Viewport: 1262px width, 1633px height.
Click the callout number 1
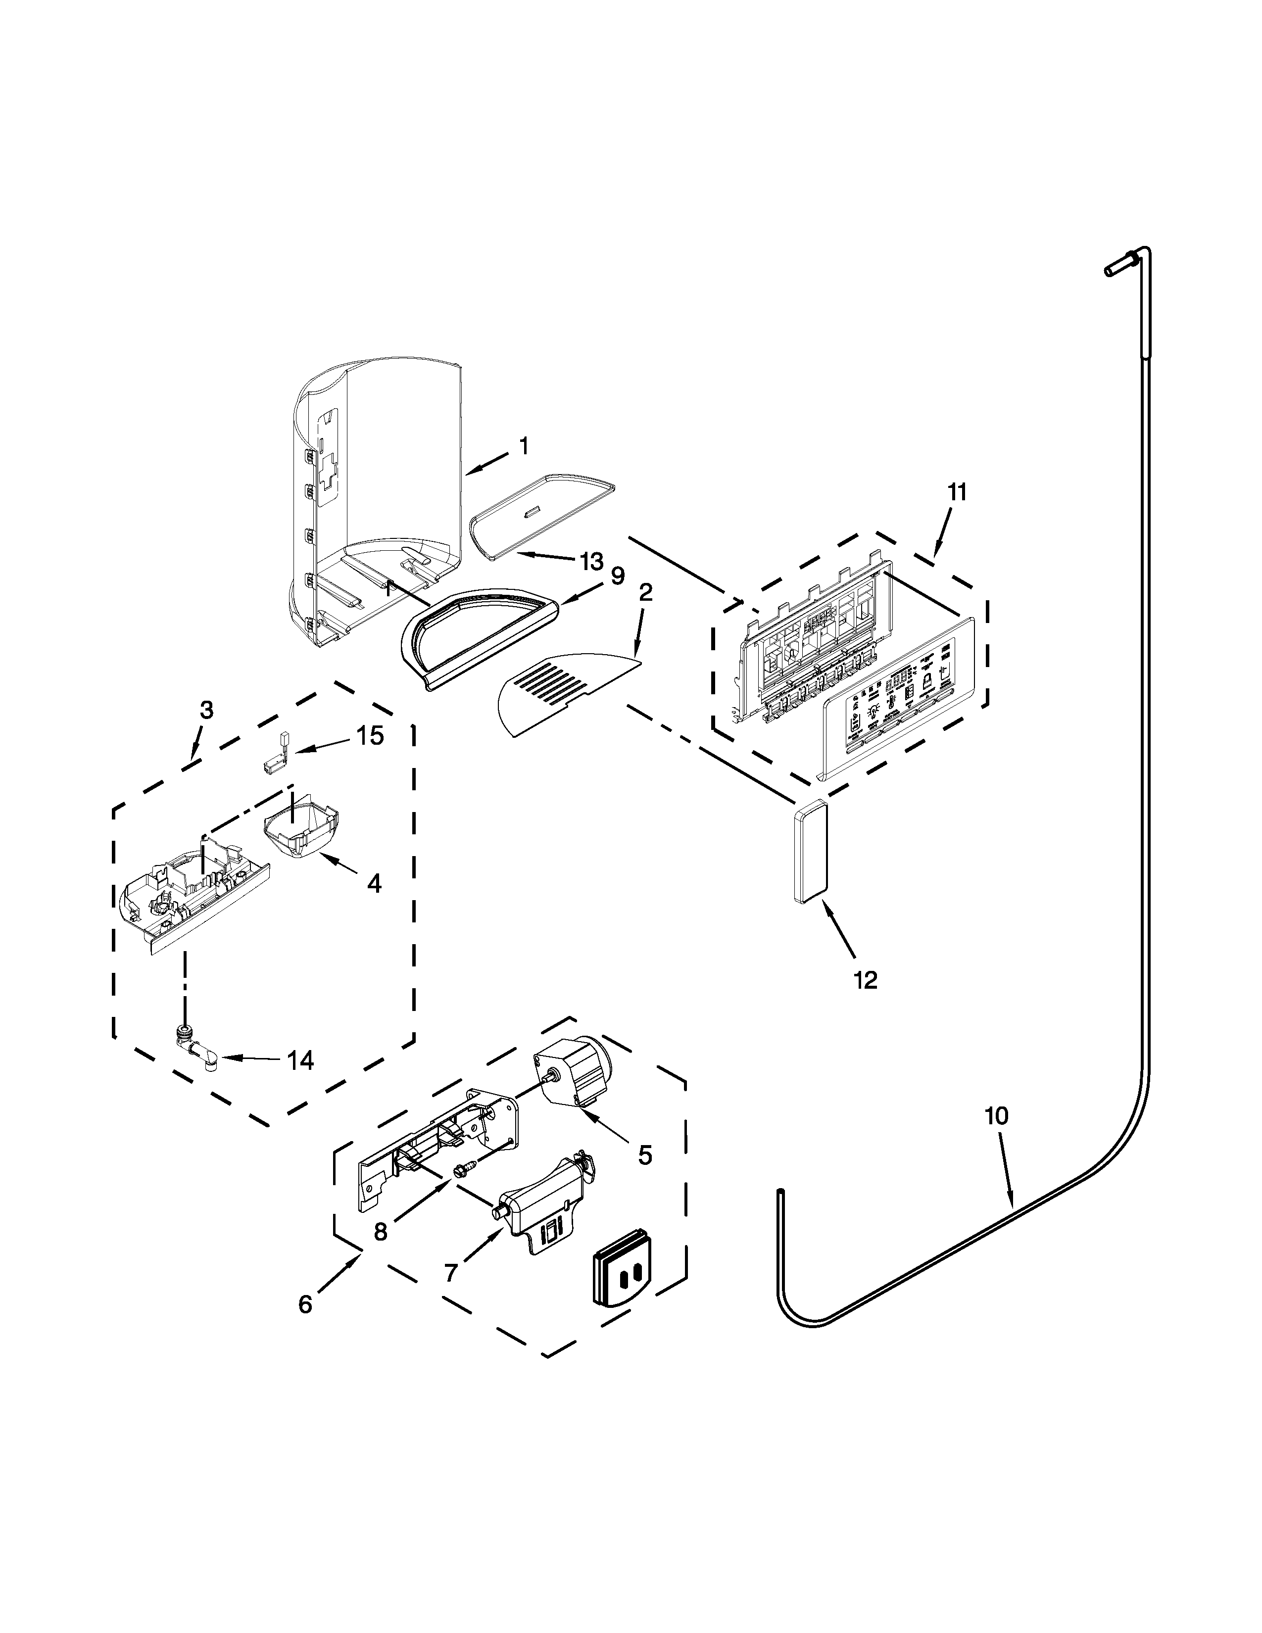523,446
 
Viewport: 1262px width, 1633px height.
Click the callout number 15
369,736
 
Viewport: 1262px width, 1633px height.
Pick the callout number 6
305,1304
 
